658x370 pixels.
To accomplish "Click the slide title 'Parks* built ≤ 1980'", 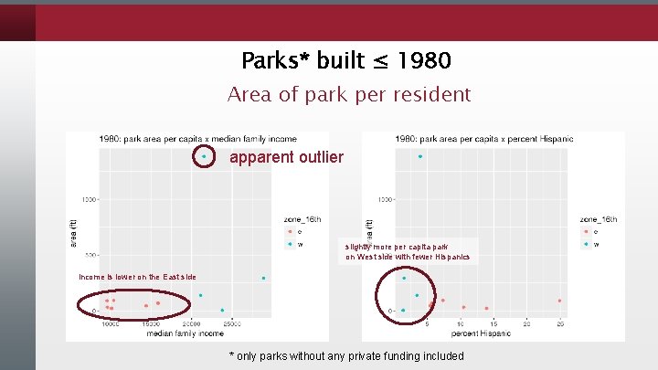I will tap(346, 61).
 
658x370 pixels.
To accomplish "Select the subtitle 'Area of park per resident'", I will tap(348, 94).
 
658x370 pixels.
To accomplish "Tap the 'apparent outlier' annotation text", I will tap(286, 157).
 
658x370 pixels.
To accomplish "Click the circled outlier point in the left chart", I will tap(204, 156).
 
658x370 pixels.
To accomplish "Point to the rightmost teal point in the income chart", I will tap(263, 278).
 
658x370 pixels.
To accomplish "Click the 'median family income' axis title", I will tap(184, 333).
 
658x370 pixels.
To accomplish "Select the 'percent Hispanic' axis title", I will tap(482, 333).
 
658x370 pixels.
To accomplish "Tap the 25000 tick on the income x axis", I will tap(233, 323).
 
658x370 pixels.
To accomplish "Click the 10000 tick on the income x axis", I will tap(111, 323).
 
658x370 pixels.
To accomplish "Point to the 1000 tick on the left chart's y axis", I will tap(90, 199).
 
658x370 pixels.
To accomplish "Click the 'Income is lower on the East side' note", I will tap(137, 277).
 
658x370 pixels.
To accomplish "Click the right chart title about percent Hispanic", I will tap(484, 139).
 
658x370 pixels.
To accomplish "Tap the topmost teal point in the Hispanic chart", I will tap(420, 156).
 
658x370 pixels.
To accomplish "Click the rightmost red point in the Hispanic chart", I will tap(559, 301).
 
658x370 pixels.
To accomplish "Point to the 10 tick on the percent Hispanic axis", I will tap(461, 323).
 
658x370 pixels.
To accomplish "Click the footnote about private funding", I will tap(346, 355).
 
